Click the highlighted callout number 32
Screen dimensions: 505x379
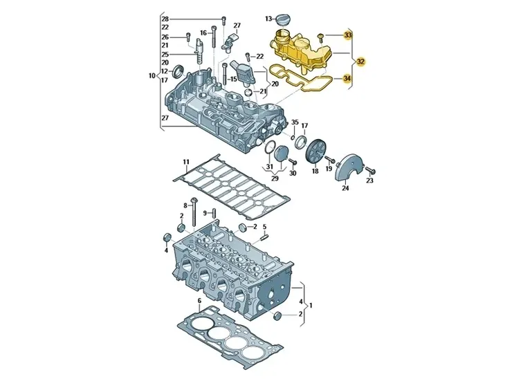click(x=361, y=61)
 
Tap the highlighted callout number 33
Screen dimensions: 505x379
click(x=348, y=35)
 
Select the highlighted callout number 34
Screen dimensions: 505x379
click(x=347, y=78)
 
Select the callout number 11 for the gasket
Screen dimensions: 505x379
click(x=186, y=162)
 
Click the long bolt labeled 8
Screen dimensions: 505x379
click(x=194, y=212)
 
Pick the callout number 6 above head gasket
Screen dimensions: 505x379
click(x=199, y=300)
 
